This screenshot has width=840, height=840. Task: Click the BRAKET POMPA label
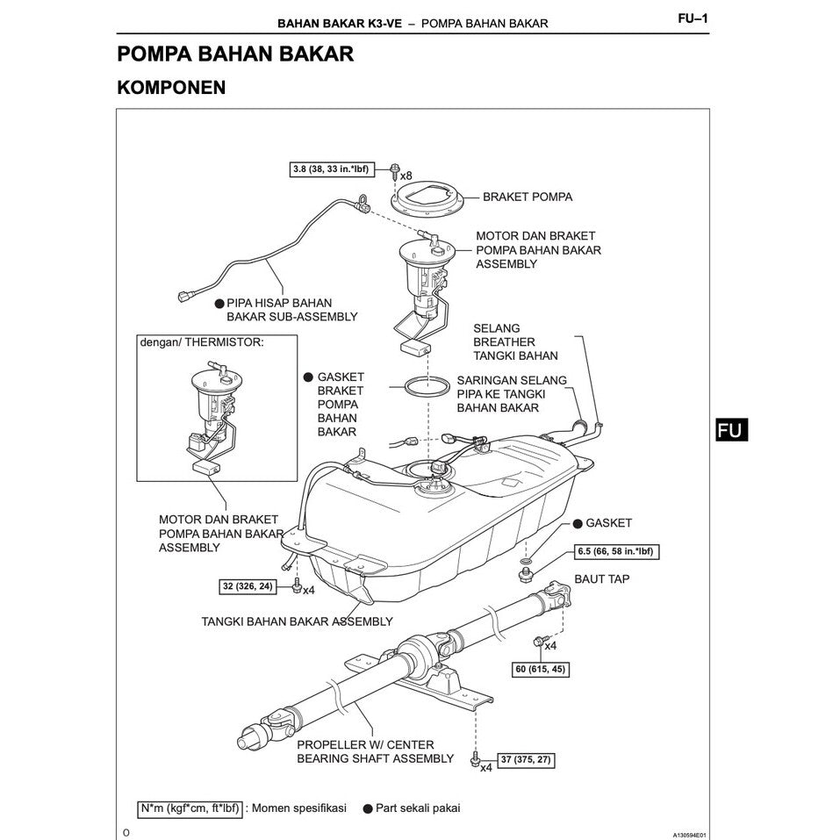pyautogui.click(x=527, y=197)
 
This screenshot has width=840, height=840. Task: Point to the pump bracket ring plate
pyautogui.click(x=426, y=201)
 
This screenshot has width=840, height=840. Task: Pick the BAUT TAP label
pyautogui.click(x=601, y=579)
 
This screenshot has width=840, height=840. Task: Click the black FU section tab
pyautogui.click(x=730, y=429)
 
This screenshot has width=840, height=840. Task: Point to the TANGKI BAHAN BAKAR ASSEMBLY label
pyautogui.click(x=297, y=621)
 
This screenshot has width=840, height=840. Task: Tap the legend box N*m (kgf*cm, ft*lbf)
pyautogui.click(x=188, y=808)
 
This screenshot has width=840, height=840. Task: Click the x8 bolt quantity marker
pyautogui.click(x=406, y=176)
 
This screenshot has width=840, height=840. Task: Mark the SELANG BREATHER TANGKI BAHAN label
pyautogui.click(x=515, y=341)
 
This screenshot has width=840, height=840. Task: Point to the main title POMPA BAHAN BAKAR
pyautogui.click(x=235, y=54)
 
